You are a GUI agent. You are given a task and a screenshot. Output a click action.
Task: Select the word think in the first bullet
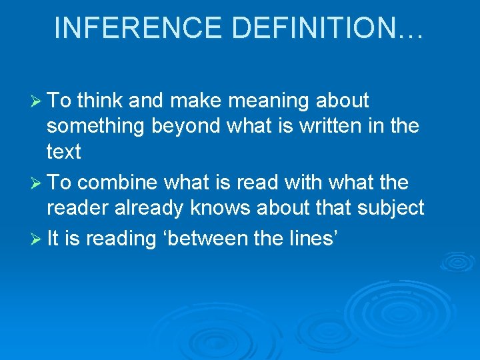tap(100, 101)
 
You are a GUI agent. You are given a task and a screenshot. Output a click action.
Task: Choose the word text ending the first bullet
tap(63, 152)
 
